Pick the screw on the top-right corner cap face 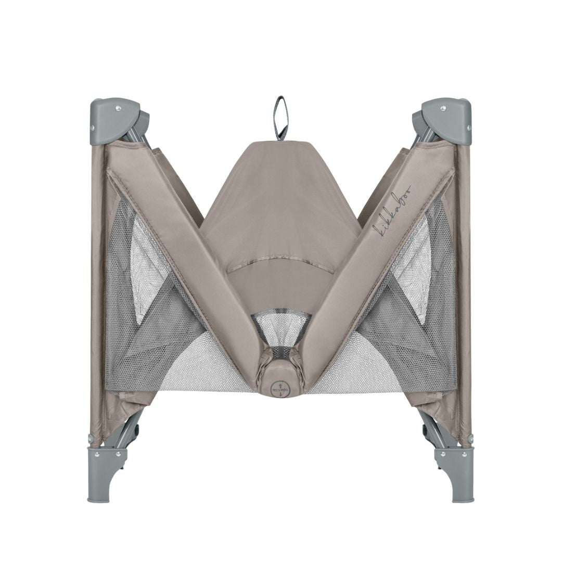tap(443, 108)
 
